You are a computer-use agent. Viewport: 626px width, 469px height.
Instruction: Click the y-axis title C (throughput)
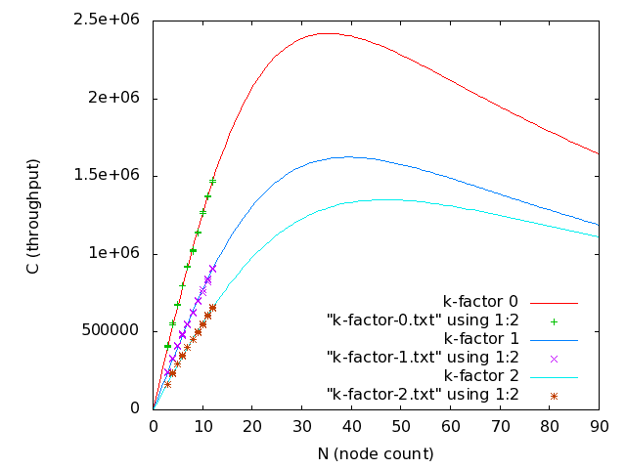pos(33,214)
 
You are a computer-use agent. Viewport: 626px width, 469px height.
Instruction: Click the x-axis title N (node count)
pos(376,453)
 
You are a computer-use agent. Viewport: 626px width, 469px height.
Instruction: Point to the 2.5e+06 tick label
pos(108,21)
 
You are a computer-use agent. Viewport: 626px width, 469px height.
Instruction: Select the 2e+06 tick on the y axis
pos(115,98)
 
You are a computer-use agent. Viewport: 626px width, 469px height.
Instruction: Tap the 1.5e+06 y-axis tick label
pos(108,175)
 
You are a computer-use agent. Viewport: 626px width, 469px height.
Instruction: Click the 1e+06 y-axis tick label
pos(115,253)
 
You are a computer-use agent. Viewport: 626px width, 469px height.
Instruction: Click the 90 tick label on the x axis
pos(600,427)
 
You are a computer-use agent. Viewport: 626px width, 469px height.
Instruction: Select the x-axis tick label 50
pos(401,427)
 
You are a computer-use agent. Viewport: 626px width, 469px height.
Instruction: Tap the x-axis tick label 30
pos(301,427)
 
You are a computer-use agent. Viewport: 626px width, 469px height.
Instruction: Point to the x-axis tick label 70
pos(500,427)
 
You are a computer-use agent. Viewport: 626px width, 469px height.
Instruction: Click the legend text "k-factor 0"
pos(480,301)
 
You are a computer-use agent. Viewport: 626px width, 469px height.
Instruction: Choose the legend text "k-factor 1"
pos(480,338)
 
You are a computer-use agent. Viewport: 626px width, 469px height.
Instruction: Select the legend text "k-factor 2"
pos(480,376)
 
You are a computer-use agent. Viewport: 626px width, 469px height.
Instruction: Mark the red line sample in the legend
pos(554,302)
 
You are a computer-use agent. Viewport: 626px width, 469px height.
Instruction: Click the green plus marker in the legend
pos(554,320)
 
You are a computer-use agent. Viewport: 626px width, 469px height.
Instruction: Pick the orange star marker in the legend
pos(554,396)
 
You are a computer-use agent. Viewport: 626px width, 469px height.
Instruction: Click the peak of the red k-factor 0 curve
pos(327,33)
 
